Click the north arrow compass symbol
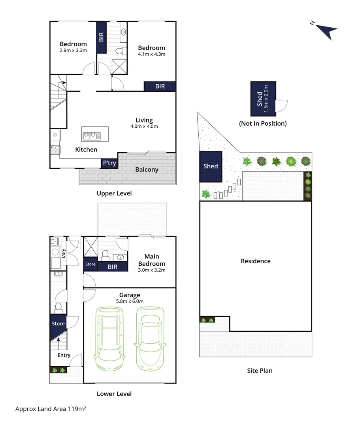326,30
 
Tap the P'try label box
109,163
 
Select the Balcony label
147,170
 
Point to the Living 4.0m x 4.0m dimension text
144,127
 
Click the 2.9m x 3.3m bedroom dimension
73,50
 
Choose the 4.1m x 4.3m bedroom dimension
151,54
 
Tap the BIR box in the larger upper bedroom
160,86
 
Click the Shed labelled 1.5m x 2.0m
263,98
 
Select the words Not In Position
262,123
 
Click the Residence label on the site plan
256,261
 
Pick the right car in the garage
150,338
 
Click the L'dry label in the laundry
63,253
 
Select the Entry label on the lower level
64,355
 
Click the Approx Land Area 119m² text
51,409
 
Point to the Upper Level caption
114,193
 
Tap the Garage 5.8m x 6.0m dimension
130,301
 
